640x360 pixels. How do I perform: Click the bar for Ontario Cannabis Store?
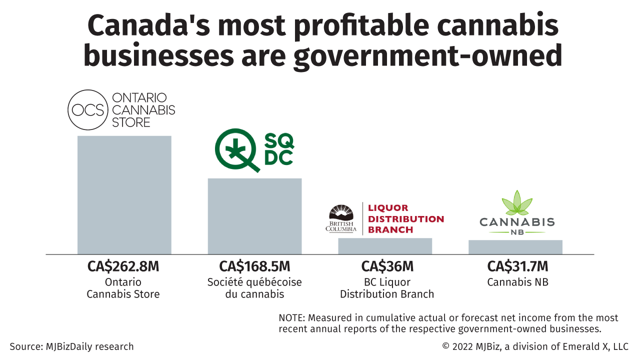click(124, 195)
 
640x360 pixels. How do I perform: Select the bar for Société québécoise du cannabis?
click(254, 216)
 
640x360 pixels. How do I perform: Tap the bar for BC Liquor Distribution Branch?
click(385, 246)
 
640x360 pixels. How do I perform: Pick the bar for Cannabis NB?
click(515, 247)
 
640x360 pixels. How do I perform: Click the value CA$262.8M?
click(123, 266)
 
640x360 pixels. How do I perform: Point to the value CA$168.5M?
click(254, 266)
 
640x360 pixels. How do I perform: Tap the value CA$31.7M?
click(517, 266)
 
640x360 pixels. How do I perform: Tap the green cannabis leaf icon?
click(517, 203)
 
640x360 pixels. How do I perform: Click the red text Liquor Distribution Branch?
click(405, 219)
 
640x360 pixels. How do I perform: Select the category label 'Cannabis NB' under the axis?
click(517, 282)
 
